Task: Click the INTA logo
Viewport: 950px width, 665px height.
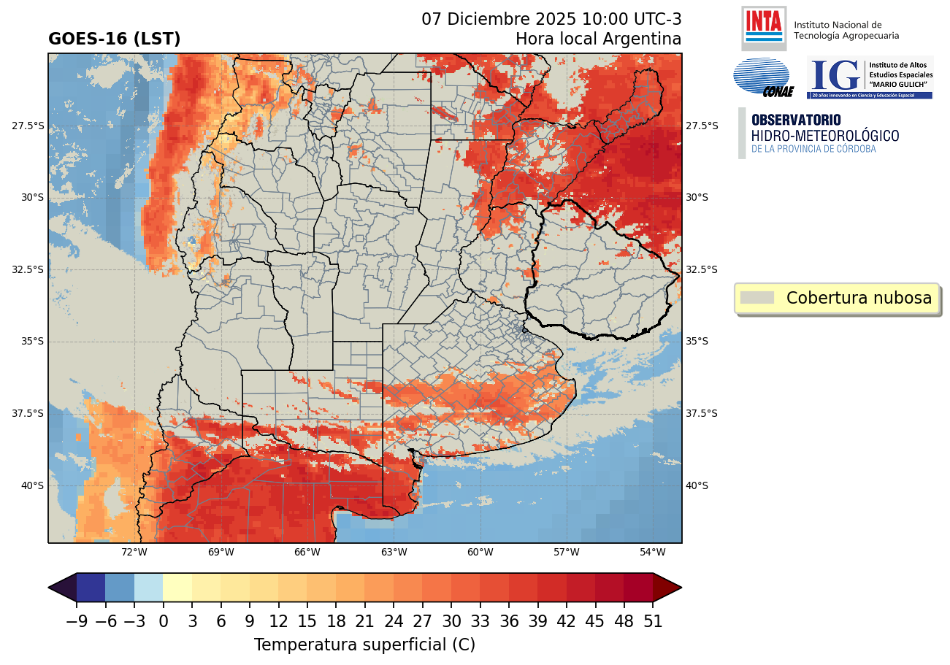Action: pos(763,27)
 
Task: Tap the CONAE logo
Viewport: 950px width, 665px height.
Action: pos(762,77)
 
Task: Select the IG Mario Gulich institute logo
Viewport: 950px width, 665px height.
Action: pos(869,77)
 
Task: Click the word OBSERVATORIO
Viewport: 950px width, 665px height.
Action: pos(796,120)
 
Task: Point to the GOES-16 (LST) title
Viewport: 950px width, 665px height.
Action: pos(114,39)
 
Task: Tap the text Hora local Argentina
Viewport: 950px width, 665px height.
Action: pos(598,39)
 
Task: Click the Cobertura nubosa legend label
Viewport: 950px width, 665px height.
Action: pos(859,298)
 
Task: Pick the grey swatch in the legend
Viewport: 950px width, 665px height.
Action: pos(756,298)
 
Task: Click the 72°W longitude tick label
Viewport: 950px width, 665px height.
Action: pos(134,552)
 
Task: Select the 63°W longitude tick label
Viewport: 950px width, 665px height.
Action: pos(394,552)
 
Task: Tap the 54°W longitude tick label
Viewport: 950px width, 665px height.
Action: pos(653,552)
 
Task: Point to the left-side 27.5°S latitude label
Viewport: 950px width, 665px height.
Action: pos(28,126)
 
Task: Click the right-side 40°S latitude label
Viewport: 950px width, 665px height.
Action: pos(697,485)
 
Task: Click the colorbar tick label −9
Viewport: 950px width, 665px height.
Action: pos(76,622)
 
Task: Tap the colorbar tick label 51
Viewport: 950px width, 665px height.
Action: pos(653,622)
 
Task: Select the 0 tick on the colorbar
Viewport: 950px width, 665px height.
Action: pos(163,622)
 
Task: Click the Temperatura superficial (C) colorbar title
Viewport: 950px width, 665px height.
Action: pos(364,645)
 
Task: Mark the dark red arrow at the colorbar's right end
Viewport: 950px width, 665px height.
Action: pos(667,588)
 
